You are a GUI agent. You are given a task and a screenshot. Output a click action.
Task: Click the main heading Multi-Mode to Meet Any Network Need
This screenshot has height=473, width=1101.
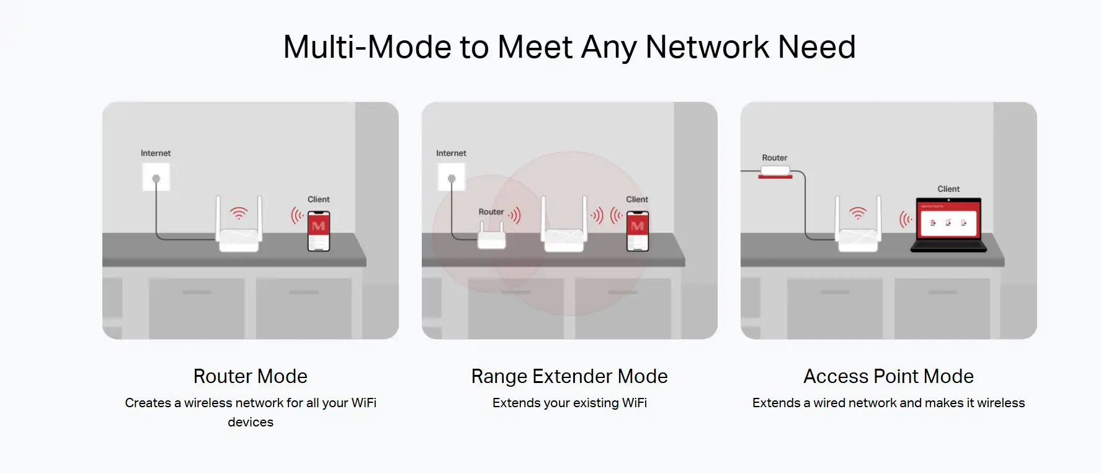569,47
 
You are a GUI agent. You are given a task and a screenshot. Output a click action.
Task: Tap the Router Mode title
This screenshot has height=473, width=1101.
251,376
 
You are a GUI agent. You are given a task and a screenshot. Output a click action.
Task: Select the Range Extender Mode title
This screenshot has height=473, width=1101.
569,376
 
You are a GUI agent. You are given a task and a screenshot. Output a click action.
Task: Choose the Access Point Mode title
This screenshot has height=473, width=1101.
888,376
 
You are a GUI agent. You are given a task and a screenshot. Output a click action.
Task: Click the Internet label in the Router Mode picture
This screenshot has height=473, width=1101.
156,153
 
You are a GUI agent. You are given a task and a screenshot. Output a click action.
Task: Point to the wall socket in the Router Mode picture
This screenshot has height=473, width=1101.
156,178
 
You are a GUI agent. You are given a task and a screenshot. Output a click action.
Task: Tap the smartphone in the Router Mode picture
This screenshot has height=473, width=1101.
319,231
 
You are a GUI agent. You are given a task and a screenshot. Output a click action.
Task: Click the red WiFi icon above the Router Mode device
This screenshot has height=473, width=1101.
239,214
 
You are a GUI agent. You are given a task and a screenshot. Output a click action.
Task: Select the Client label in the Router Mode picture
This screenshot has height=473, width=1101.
319,199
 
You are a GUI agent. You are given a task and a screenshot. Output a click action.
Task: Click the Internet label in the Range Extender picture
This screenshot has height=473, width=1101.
451,153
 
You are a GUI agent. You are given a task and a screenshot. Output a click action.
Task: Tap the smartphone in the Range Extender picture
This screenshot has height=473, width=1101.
638,231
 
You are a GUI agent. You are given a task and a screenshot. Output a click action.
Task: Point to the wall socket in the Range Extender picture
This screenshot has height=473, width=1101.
452,178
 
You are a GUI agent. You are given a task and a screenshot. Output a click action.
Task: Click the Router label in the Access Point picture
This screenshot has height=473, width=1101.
775,158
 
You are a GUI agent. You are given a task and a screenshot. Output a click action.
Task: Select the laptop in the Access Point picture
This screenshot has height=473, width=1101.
948,225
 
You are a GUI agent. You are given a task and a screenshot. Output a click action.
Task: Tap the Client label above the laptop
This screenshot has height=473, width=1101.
948,189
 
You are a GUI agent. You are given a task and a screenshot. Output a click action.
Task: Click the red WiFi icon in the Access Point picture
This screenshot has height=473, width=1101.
858,214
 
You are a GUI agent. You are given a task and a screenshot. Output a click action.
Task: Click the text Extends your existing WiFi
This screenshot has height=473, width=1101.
569,403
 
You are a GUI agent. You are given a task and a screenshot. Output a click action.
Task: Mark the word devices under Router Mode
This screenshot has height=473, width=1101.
251,422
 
